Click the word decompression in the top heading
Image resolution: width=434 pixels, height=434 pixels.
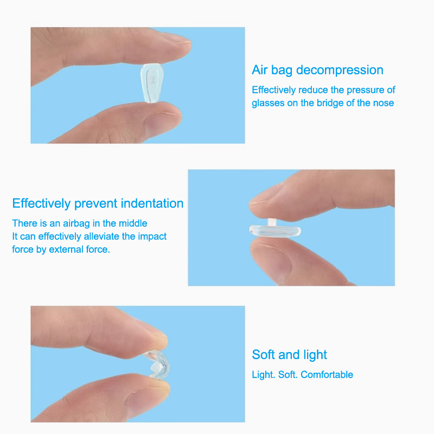pyautogui.click(x=340, y=71)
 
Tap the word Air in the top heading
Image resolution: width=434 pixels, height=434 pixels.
pyautogui.click(x=260, y=70)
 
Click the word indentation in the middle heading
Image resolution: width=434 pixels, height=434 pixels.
pyautogui.click(x=152, y=203)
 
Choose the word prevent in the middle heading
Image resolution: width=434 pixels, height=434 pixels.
pyautogui.click(x=96, y=204)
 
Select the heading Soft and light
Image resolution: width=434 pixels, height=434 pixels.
pyautogui.click(x=289, y=355)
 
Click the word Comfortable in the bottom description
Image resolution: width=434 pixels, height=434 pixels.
pyautogui.click(x=327, y=375)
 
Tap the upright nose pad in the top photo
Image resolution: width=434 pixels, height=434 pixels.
pyautogui.click(x=151, y=83)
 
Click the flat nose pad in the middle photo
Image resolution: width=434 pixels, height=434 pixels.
pyautogui.click(x=275, y=231)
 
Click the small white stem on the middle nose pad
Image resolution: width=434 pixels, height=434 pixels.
pyautogui.click(x=272, y=222)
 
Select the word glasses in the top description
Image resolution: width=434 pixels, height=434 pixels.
pyautogui.click(x=268, y=104)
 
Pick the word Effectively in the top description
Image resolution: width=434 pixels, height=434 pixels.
pyautogui.click(x=274, y=90)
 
